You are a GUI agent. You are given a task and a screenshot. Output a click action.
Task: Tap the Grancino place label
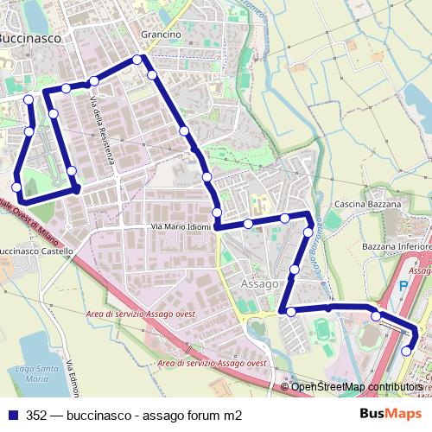click(x=160, y=35)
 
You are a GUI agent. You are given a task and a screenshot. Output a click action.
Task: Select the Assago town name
click(x=260, y=283)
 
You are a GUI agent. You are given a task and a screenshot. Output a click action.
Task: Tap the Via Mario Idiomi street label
click(x=181, y=227)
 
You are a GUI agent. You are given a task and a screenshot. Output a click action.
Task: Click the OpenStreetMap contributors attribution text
click(x=358, y=387)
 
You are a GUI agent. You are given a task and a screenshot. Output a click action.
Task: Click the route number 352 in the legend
click(x=36, y=415)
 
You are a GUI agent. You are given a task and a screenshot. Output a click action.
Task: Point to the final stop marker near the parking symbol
click(x=407, y=351)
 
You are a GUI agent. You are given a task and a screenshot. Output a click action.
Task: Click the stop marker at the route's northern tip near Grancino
click(x=137, y=60)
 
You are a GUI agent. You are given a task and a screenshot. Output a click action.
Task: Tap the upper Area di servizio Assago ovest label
click(x=142, y=314)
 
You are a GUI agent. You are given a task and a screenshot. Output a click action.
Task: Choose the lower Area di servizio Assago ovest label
click(x=212, y=364)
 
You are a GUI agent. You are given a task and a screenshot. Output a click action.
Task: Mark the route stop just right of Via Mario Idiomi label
click(x=248, y=224)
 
